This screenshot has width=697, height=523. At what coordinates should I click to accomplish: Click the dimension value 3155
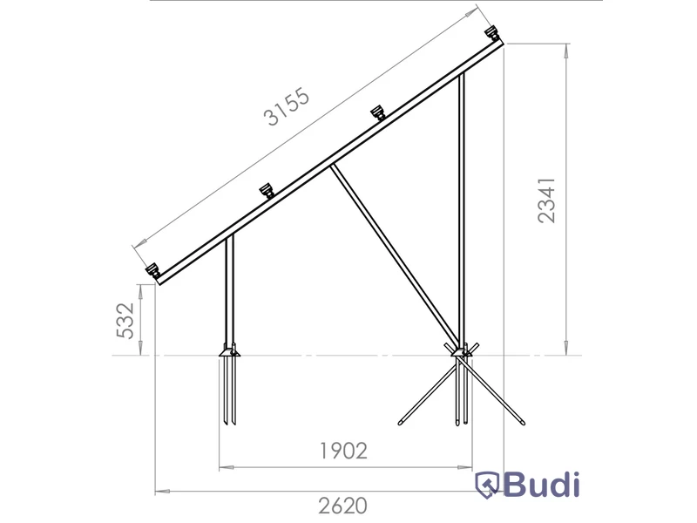(x=287, y=107)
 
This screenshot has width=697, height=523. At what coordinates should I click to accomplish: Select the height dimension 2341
(x=546, y=200)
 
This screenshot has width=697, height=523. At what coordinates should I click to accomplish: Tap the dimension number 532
(x=125, y=320)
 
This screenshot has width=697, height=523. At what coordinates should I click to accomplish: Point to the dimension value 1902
(x=343, y=451)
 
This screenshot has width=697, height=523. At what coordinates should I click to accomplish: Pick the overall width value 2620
(x=342, y=506)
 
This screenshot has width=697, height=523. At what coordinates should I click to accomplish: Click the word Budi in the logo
(x=541, y=485)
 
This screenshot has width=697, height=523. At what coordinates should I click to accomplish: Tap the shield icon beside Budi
(x=487, y=486)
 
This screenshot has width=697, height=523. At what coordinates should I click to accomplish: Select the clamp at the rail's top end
(x=491, y=32)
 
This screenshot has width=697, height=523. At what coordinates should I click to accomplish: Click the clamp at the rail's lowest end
(x=152, y=270)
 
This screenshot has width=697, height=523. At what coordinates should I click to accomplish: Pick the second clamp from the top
(x=377, y=112)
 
